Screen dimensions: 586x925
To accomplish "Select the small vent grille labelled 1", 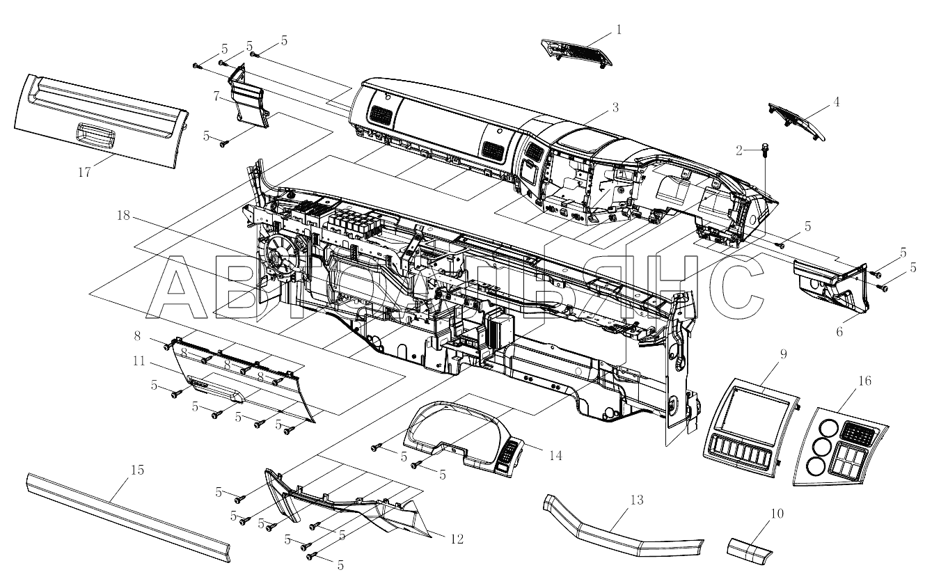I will tap(578, 54).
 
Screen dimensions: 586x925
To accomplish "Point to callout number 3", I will tap(615, 107).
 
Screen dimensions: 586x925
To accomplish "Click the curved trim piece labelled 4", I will tap(798, 120).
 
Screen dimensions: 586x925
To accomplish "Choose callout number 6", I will tap(839, 332).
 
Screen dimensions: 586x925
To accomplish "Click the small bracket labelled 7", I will tap(246, 100).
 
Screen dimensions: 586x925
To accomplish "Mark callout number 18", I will tap(122, 216).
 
